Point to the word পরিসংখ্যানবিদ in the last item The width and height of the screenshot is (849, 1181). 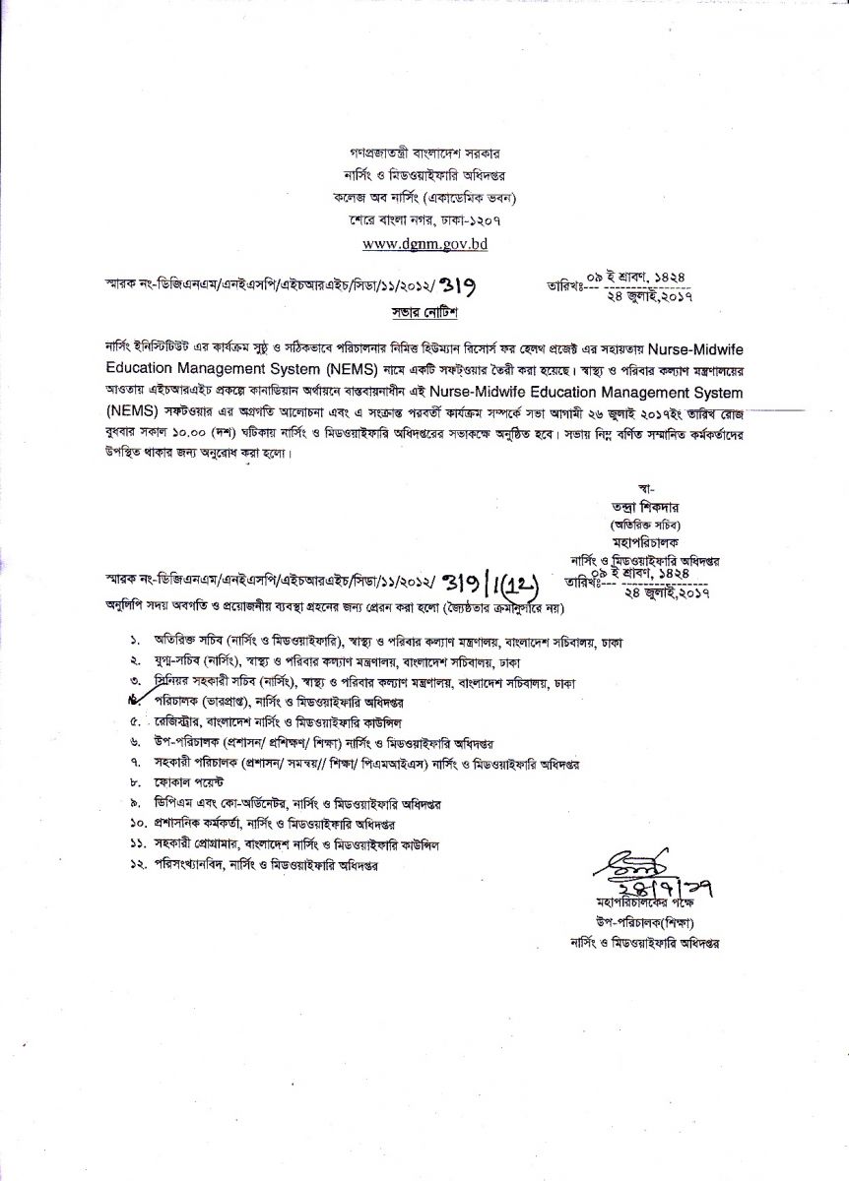[188, 864]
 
